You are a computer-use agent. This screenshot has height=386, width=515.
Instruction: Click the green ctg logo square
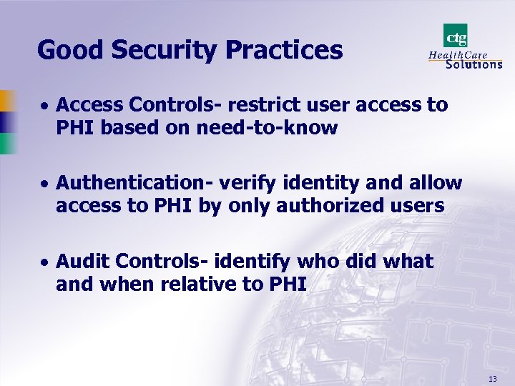coord(456,35)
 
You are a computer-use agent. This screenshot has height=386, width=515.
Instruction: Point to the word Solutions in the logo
coord(474,64)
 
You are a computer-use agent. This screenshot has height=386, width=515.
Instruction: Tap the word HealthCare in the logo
coord(458,54)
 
